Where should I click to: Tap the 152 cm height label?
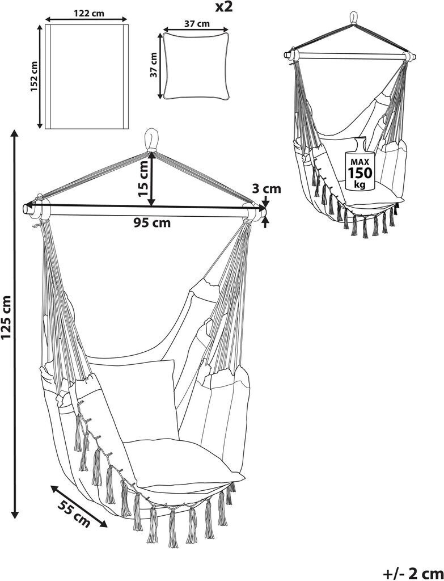click(33, 77)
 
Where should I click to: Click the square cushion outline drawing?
click(196, 65)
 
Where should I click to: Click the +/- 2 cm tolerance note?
click(412, 571)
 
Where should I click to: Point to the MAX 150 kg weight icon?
click(357, 165)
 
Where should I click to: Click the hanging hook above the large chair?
click(152, 140)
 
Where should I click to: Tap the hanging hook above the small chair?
click(354, 16)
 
